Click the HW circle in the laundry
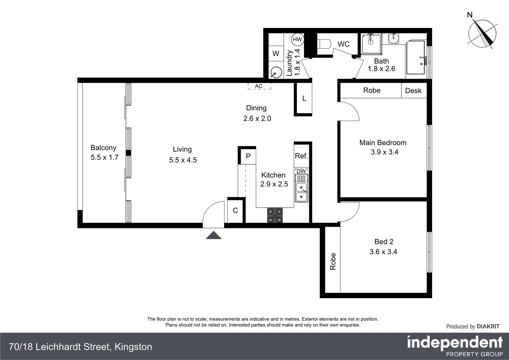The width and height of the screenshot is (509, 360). [297, 39]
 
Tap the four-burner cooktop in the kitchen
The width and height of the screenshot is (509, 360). [275, 215]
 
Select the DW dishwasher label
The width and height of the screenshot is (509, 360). [301, 171]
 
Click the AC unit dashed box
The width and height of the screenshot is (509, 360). [259, 86]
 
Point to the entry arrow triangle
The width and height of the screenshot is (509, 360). [214, 235]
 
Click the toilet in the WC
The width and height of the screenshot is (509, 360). [324, 44]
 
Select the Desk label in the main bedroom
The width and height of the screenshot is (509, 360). [413, 91]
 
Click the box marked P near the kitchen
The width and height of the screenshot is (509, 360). [248, 156]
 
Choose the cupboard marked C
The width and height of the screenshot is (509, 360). [236, 210]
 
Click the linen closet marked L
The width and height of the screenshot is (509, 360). [304, 99]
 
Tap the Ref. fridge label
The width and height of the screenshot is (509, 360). [301, 156]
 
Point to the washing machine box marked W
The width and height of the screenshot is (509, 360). [276, 54]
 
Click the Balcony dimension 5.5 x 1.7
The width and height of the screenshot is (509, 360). [105, 157]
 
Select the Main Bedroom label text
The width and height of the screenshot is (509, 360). [383, 143]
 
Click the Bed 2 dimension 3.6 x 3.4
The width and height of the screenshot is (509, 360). [383, 252]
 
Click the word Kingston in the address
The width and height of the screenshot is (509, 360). [133, 347]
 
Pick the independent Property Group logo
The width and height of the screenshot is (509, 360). [455, 346]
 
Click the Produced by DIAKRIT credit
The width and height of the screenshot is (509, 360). [473, 326]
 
